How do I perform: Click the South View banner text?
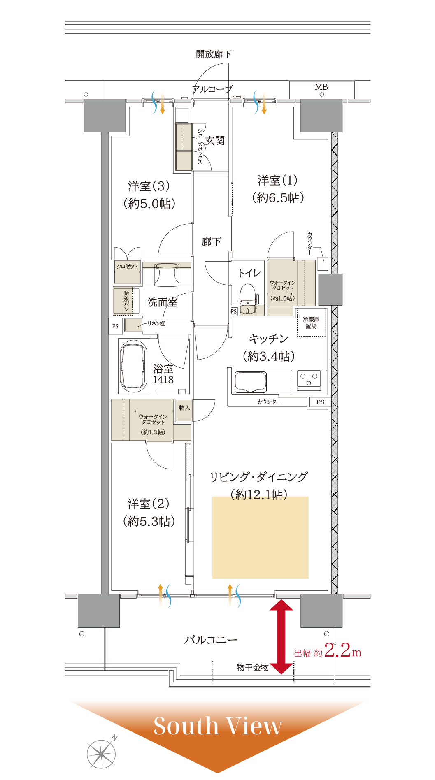point(218,726)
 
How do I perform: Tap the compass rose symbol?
point(101,754)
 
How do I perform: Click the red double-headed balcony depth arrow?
point(281,637)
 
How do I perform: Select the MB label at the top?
point(321,87)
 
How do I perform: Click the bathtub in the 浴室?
point(134,365)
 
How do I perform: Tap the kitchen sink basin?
point(250,381)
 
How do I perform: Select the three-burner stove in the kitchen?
point(309,380)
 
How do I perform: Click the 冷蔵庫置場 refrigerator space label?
point(311,323)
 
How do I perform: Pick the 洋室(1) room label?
point(278,189)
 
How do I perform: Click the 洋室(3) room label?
point(149,195)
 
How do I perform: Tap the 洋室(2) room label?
point(149,512)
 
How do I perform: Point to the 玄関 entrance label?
point(215,141)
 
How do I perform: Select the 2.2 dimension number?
point(337,650)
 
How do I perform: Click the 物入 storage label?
point(184,408)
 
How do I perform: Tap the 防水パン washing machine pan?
point(123,301)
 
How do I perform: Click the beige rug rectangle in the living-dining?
point(260,538)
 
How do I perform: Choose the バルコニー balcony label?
point(211,640)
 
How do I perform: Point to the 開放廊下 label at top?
point(214,54)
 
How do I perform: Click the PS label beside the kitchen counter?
point(320,402)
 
